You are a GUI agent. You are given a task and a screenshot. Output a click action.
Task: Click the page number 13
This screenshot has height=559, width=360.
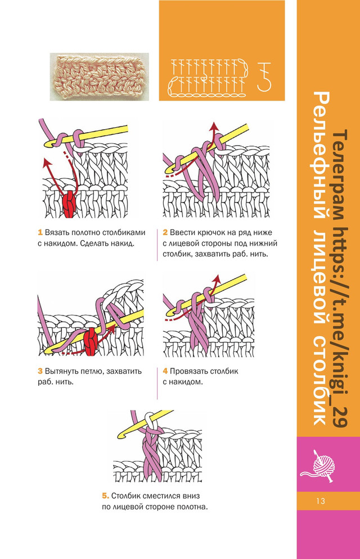tap(320, 501)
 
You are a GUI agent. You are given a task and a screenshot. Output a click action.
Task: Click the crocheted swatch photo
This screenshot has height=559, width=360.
tap(99, 76)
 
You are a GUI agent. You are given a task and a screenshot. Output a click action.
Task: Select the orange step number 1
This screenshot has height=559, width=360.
tap(40, 232)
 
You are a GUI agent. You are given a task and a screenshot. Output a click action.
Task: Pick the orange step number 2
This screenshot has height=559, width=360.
tap(165, 232)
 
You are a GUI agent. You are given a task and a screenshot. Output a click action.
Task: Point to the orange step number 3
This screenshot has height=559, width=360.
tap(40, 372)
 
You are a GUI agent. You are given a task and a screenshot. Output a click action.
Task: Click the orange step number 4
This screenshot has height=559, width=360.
tap(165, 372)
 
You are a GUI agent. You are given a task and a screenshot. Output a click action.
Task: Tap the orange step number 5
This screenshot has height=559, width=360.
tap(105, 496)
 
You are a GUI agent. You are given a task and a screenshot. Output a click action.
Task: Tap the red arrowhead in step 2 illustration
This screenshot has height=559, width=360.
tap(214, 127)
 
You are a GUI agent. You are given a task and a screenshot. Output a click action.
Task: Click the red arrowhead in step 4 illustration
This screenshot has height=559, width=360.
tap(217, 277)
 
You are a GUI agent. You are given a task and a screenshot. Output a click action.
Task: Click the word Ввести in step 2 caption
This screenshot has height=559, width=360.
tap(183, 232)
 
